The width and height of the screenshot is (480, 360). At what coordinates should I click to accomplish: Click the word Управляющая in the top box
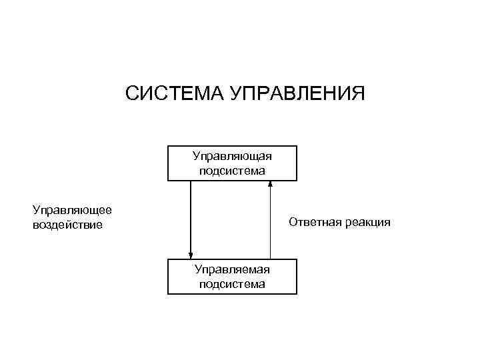[x=232, y=157]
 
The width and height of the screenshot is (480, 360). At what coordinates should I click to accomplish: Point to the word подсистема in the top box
[x=232, y=171]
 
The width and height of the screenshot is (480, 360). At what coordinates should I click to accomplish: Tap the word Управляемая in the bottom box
[x=232, y=269]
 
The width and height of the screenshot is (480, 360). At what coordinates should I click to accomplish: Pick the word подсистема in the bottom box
[x=232, y=284]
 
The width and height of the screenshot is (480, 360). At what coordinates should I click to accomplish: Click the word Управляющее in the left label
[x=72, y=210]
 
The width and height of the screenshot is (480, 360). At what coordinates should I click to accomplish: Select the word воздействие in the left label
[x=67, y=225]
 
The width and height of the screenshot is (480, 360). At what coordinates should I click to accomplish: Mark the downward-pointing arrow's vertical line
[x=191, y=217]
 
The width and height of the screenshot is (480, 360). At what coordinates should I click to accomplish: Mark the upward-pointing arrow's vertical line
[x=270, y=223]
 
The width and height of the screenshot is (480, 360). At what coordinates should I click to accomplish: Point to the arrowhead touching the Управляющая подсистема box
[x=270, y=185]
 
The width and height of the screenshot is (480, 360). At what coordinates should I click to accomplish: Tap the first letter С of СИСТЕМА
[x=132, y=93]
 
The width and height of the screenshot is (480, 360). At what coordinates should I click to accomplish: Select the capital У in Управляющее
[x=36, y=210]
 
